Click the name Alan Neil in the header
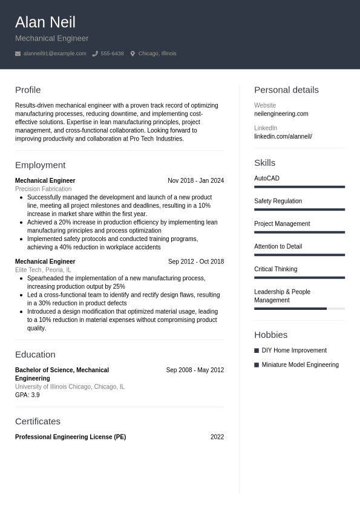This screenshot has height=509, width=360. [45, 22]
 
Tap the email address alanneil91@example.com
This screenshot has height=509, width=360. [54, 54]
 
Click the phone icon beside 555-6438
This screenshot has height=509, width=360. [95, 54]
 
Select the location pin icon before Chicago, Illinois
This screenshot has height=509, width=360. [133, 54]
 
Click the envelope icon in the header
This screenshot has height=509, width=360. [18, 54]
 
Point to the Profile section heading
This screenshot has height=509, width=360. [28, 90]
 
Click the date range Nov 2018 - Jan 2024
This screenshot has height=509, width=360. [195, 181]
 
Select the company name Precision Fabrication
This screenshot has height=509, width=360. [43, 189]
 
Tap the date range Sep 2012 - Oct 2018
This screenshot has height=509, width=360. [195, 262]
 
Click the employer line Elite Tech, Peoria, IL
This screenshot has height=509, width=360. [43, 271]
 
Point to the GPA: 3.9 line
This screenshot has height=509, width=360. [27, 395]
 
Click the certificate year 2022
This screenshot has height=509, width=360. [217, 437]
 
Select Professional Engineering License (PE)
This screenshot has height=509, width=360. [70, 437]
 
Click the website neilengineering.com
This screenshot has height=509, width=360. [281, 114]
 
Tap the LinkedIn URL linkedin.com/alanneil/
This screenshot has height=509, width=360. [283, 137]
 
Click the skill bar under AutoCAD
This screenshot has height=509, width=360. [299, 187]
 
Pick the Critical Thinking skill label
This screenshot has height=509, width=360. [275, 269]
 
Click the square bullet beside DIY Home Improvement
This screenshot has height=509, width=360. [257, 351]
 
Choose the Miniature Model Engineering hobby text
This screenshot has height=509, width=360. [299, 365]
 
